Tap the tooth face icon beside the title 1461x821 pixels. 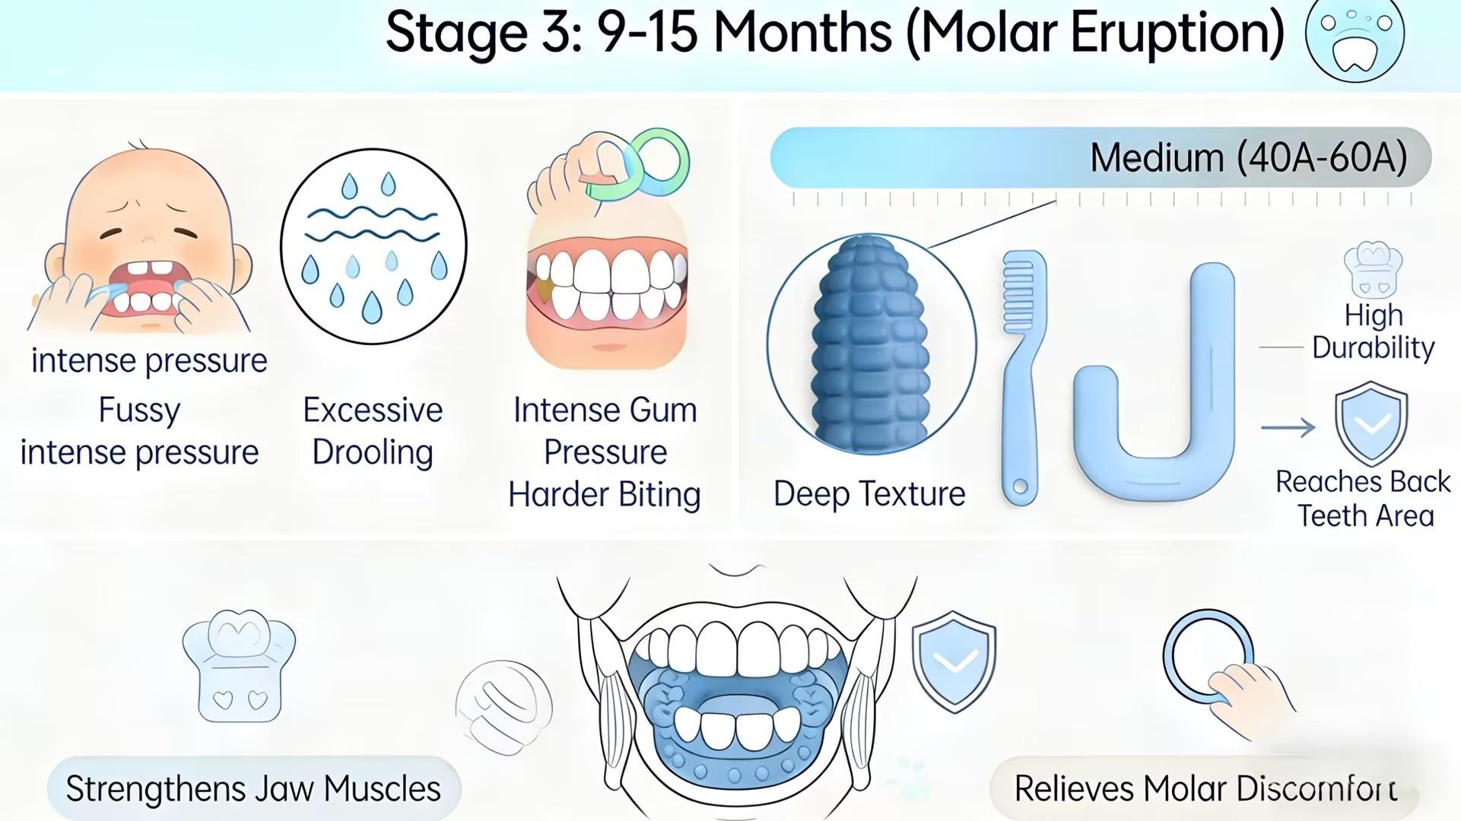pos(1355,37)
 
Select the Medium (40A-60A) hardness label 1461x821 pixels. pos(1248,158)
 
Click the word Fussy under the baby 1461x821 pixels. pos(139,410)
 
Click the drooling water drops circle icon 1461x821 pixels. pos(373,246)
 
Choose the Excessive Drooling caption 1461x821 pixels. pos(373,431)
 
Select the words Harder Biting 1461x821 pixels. pos(605,495)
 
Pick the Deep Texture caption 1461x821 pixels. pos(869,494)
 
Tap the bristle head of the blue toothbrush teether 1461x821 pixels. pos(1024,293)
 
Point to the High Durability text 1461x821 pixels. pos(1373,331)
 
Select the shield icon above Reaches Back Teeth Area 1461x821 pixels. pos(1371,423)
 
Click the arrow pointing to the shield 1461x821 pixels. pos(1288,427)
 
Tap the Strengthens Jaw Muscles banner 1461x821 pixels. pos(253,788)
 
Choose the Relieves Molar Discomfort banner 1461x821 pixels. pos(1205,788)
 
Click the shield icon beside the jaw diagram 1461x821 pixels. pos(954,661)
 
